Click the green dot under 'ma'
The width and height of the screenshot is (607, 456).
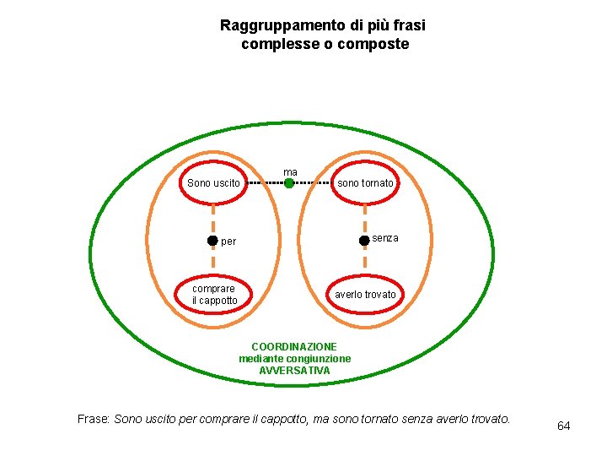[289, 182]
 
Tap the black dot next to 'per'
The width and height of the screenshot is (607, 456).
[212, 241]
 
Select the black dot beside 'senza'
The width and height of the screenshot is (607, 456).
[363, 240]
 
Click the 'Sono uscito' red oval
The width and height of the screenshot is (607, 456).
[213, 183]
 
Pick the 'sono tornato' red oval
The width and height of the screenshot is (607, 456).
[365, 183]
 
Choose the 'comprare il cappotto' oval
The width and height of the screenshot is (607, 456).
[214, 295]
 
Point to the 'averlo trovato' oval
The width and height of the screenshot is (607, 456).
[365, 295]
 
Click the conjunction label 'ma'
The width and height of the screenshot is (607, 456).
[290, 171]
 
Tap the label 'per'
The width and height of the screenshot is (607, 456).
[228, 242]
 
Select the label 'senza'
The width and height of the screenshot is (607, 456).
[384, 238]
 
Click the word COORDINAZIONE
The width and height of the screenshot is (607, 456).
[294, 347]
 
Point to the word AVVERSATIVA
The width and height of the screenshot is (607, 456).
[294, 371]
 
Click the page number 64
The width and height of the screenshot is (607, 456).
[563, 426]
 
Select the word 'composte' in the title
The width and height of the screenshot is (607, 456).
[375, 44]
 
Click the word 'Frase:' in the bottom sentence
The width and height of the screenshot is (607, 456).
[94, 419]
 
